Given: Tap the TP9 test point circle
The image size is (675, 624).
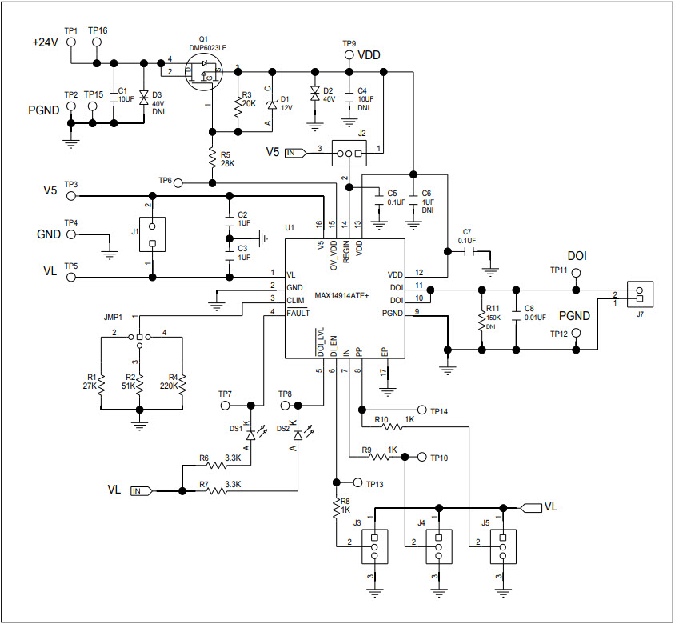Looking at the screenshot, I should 349,55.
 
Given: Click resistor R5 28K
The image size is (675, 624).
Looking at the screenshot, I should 212,159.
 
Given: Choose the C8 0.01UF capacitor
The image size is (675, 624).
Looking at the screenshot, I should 517,314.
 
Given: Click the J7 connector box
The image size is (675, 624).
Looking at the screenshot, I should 640,295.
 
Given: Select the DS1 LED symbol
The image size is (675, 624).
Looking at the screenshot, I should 252,435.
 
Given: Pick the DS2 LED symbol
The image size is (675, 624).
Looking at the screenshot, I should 298,435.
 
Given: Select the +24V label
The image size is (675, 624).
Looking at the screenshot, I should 46,42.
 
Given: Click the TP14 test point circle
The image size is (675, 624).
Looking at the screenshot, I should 423,409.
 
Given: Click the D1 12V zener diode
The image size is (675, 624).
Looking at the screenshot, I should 272,105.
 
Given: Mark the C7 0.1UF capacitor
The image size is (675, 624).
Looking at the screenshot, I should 467,250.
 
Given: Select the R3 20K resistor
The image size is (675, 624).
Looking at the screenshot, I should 238,107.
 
